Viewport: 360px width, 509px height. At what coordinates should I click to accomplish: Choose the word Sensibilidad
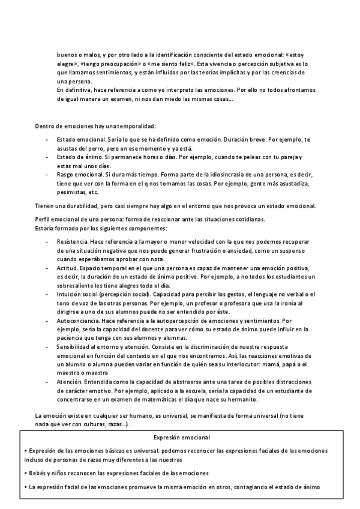point(76,348)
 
